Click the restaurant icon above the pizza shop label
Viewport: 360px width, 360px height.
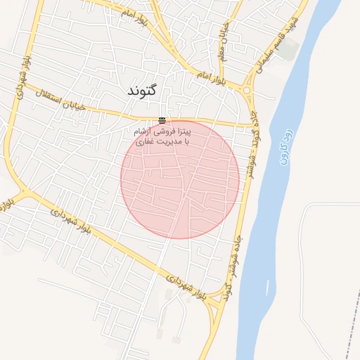point(162,120)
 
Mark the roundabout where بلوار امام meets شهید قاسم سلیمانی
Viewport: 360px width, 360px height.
point(247,89)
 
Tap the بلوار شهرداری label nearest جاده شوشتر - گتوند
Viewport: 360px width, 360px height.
point(190,288)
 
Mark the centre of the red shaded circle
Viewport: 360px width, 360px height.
point(180,179)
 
